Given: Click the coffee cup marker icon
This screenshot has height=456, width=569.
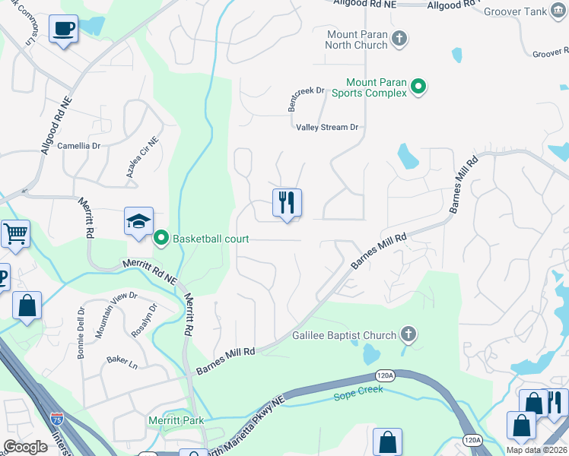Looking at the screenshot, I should pos(63,29).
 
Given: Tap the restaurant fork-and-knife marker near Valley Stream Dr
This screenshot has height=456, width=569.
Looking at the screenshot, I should pos(287,203).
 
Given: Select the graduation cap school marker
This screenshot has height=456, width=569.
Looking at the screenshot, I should pos(138,221).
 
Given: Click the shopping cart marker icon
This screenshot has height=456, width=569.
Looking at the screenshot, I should pos(14,234).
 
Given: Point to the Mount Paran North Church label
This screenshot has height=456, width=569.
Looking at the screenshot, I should pos(357,40).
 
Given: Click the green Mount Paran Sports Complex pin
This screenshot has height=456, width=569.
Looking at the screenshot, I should pos(418,88).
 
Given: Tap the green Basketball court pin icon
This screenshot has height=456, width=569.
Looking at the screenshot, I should pos(161,239).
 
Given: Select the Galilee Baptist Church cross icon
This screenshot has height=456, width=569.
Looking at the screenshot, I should pos(408,335).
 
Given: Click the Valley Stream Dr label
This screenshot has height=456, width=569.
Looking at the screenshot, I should pos(327,128).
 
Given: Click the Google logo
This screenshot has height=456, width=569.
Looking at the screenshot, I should pos(25,446).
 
